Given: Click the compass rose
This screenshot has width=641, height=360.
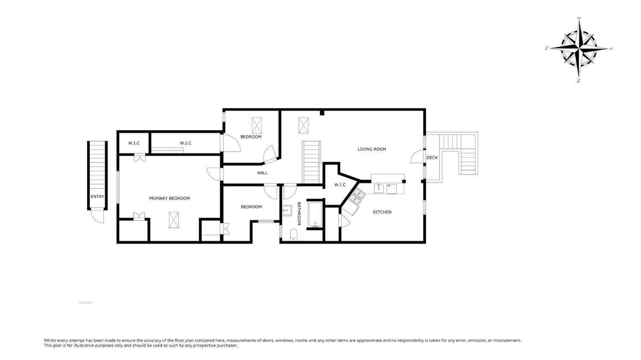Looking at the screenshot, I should [x=579, y=49].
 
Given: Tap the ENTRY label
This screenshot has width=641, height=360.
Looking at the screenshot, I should [x=97, y=197].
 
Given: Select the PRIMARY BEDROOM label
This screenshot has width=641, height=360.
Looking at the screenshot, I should [x=169, y=198].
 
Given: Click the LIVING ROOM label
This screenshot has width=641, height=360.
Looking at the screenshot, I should [x=372, y=149].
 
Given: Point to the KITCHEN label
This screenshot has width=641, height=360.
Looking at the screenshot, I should [x=382, y=212].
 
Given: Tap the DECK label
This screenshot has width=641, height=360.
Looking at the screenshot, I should [x=432, y=158].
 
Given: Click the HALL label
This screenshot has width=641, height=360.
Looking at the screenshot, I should [x=262, y=173].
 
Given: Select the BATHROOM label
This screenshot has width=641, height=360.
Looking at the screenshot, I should [x=299, y=213].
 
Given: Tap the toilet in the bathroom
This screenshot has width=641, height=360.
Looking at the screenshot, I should [x=294, y=235].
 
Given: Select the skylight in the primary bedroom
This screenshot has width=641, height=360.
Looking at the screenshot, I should [x=173, y=220].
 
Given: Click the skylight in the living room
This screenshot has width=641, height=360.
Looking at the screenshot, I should [x=303, y=126].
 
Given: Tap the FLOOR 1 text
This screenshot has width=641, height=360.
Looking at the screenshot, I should [x=86, y=303].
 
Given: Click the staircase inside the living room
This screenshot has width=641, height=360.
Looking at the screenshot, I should [x=311, y=162].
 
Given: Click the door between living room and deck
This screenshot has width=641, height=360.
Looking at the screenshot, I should [x=417, y=157].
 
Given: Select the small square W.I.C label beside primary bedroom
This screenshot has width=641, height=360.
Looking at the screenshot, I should [x=134, y=143].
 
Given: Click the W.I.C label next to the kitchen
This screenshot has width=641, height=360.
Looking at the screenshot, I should [x=340, y=185].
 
